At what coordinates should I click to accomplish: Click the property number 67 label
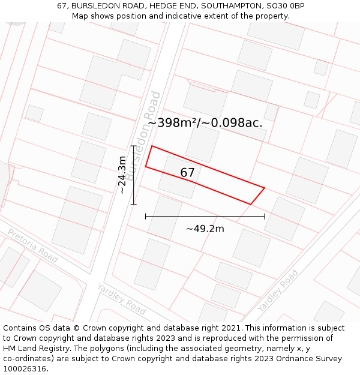click(x=187, y=173)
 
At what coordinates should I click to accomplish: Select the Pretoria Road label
click(x=32, y=245)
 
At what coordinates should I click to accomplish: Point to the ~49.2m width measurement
click(x=205, y=229)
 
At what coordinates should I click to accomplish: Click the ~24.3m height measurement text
click(x=122, y=175)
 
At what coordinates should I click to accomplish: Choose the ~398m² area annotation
click(x=173, y=123)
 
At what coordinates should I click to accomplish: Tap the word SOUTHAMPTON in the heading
click(x=230, y=5)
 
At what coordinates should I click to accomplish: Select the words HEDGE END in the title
click(x=173, y=5)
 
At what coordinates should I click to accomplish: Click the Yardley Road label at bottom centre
click(x=121, y=299)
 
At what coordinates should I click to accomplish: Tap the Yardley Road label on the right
click(x=278, y=290)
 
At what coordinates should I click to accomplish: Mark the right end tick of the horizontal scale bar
click(x=265, y=216)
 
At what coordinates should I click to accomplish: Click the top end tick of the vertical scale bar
click(x=133, y=146)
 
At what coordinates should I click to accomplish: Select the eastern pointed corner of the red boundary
click(x=265, y=187)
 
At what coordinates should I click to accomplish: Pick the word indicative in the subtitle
click(x=178, y=16)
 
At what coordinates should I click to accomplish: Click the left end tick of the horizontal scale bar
click(x=146, y=216)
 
